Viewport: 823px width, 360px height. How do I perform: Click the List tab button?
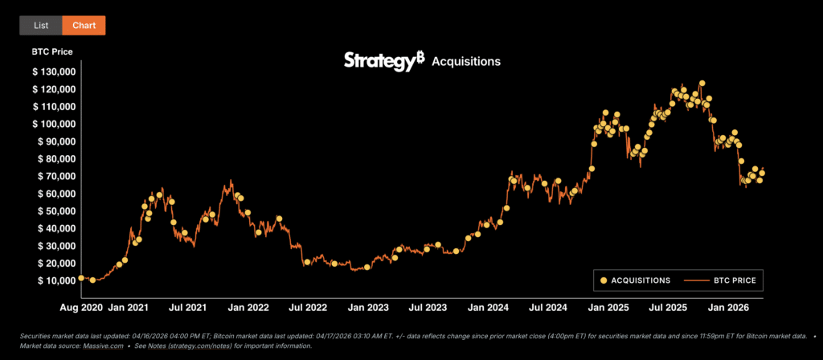click(41, 25)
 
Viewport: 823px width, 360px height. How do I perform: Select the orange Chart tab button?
click(84, 25)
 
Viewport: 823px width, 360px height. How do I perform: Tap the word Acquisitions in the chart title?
click(466, 62)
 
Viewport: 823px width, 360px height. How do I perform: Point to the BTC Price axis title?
click(52, 51)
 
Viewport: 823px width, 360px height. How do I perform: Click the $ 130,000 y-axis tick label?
click(54, 72)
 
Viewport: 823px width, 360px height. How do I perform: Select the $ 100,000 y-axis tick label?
click(54, 124)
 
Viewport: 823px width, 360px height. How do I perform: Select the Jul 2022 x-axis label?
click(308, 308)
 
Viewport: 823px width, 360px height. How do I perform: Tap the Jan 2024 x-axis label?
click(488, 308)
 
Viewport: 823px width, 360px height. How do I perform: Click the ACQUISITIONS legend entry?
click(634, 280)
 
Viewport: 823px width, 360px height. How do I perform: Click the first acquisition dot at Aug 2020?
click(81, 278)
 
